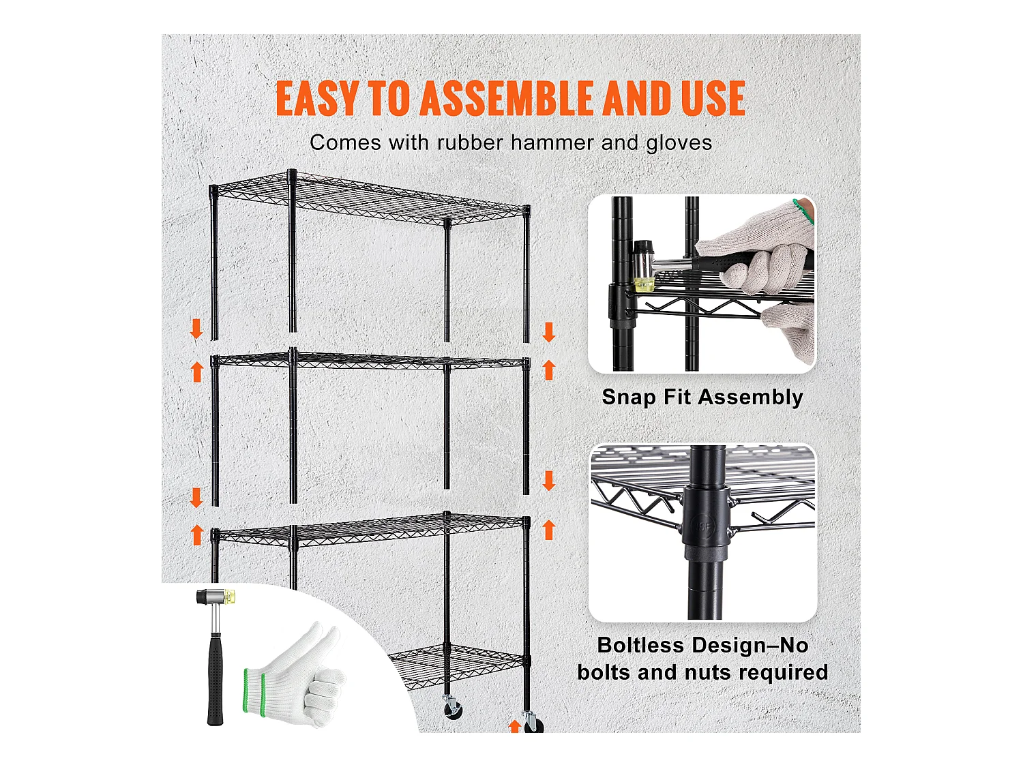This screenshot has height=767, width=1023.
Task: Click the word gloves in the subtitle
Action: pos(679,142)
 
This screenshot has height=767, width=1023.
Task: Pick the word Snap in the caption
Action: pos(628,397)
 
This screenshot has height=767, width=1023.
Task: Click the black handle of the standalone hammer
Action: pos(215,678)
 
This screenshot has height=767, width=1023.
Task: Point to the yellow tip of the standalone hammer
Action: pos(231,598)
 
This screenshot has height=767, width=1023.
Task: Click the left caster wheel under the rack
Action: pos(452,709)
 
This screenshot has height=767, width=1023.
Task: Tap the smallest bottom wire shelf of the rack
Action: pos(457,661)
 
